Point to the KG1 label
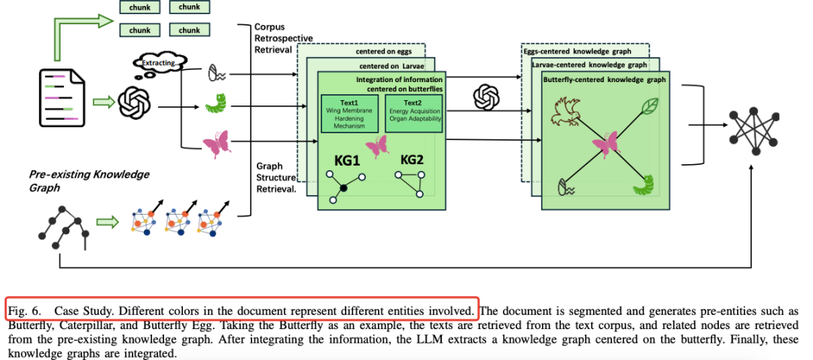[x=348, y=160]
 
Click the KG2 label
[x=412, y=160]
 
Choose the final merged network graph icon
[x=752, y=129]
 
